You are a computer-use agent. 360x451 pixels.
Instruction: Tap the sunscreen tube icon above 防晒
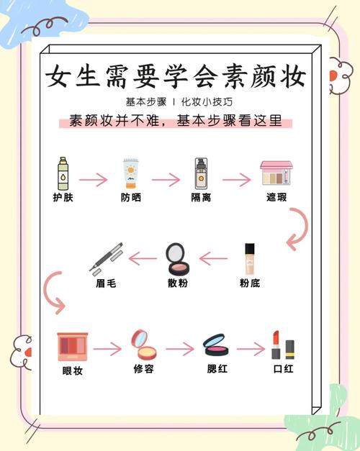(130, 174)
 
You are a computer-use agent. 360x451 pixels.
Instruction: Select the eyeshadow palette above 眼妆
(73, 347)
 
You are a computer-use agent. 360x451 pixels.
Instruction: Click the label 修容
(143, 370)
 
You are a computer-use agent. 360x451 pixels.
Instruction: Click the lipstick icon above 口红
(284, 346)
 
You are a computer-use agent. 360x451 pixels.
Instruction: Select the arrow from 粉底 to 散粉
(214, 257)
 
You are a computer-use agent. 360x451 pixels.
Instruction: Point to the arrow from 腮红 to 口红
(250, 350)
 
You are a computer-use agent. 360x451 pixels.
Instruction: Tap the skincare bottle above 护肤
(63, 174)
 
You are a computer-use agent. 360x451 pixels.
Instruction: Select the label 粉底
(250, 283)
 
